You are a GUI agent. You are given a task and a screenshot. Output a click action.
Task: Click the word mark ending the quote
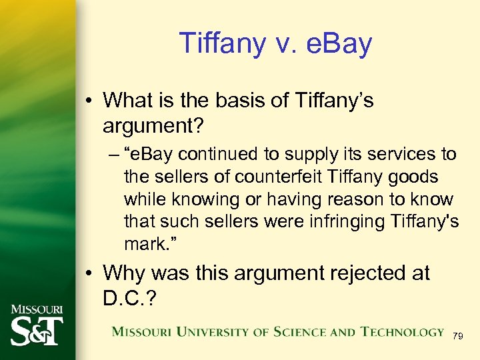[x=143, y=244]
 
